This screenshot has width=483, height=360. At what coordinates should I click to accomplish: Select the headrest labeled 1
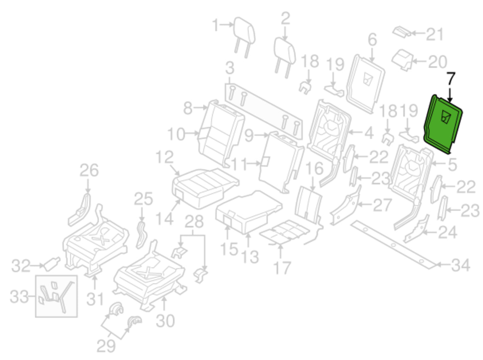[x=244, y=33]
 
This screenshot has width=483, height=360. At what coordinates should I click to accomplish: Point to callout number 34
[x=461, y=265]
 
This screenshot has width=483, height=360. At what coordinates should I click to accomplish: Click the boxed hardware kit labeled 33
[x=56, y=296]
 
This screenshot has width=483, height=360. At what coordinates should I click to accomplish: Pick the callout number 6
[x=372, y=40]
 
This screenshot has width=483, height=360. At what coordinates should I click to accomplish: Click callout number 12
[x=164, y=157]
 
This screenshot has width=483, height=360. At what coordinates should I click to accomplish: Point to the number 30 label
[x=165, y=321]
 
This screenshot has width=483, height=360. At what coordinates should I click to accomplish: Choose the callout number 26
[x=89, y=170]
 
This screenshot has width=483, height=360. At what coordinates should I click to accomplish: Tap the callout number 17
[x=282, y=268]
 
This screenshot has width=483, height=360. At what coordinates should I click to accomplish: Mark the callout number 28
[x=194, y=222]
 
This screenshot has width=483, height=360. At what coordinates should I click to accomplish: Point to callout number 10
[x=176, y=134]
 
